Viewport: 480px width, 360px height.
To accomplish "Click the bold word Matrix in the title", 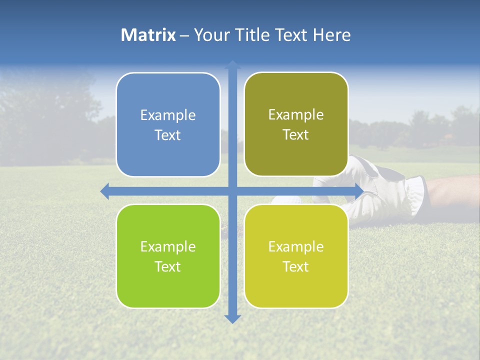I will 148,35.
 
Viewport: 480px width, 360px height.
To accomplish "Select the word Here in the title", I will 331,35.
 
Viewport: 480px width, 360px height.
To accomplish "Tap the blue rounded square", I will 168,124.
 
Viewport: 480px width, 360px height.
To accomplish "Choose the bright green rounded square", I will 168,256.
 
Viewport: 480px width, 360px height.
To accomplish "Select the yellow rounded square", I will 296,256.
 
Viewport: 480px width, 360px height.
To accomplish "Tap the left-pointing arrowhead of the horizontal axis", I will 104,191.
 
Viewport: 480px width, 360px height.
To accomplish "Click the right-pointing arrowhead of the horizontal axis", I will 359,191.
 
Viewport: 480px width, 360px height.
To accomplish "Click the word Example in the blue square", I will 168,115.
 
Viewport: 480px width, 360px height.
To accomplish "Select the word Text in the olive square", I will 296,134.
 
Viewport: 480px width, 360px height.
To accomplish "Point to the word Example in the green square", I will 168,246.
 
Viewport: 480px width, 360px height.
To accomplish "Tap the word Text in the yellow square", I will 296,266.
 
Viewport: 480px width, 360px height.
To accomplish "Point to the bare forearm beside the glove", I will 452,190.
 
